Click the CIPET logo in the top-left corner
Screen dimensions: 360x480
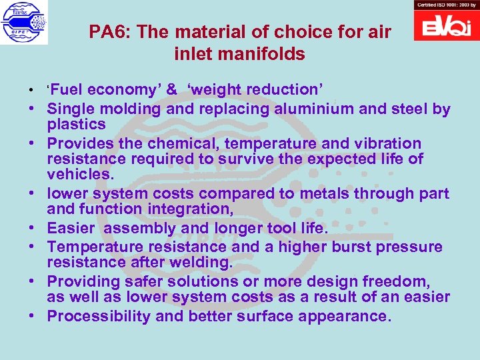tap(23, 23)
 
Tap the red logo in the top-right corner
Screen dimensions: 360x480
tap(446, 25)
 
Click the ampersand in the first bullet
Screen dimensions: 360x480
tap(171, 90)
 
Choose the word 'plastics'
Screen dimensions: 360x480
tap(76, 125)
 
